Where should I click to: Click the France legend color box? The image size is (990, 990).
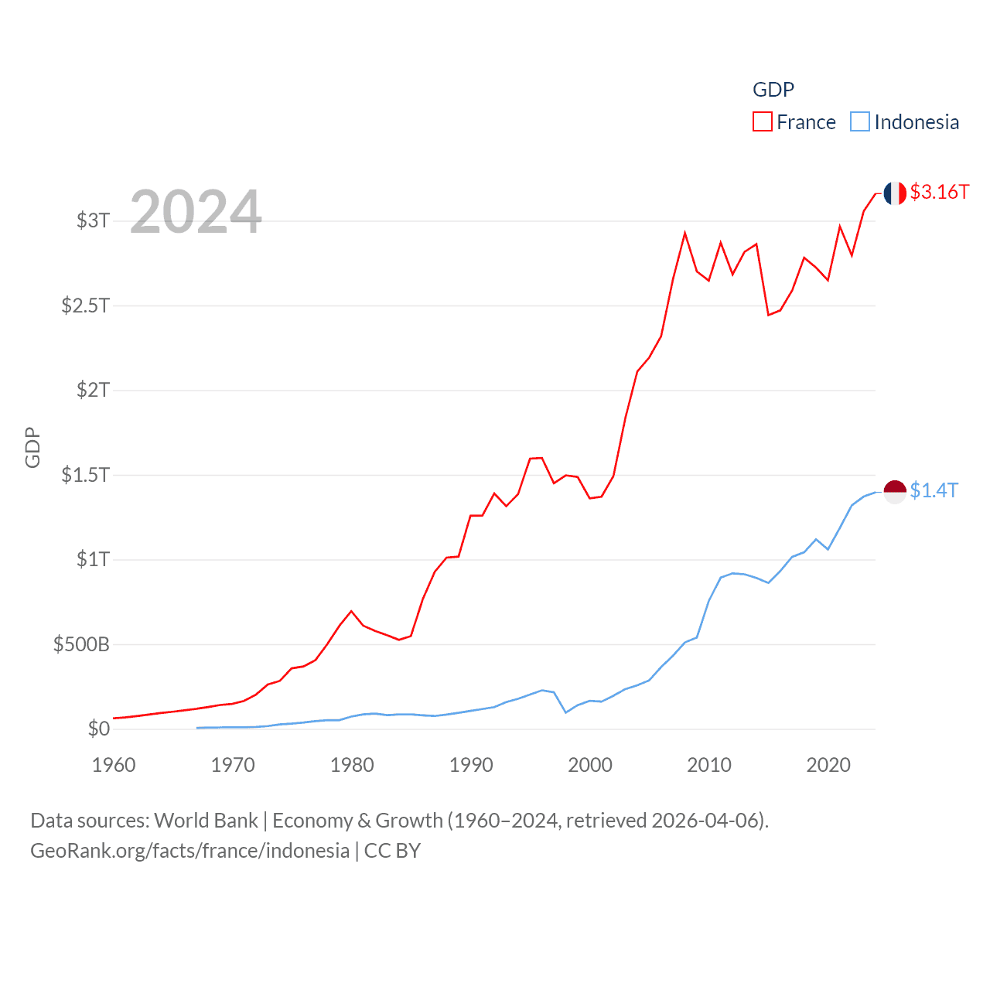[763, 122]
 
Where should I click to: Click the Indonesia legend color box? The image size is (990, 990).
[860, 122]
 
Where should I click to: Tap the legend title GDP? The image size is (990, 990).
[773, 90]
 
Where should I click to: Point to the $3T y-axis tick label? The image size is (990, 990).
[93, 220]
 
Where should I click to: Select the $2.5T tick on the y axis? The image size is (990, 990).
[85, 306]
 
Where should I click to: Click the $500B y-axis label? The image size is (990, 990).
[81, 644]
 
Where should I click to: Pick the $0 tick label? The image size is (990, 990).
[98, 729]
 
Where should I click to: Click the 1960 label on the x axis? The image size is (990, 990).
[114, 765]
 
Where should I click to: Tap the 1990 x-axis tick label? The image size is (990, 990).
[471, 765]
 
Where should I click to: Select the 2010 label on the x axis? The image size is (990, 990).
[709, 765]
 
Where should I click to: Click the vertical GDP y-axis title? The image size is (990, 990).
[32, 447]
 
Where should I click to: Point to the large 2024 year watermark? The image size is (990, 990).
[196, 212]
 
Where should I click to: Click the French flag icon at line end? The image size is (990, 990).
[895, 193]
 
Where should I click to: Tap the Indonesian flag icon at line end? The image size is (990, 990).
[895, 491]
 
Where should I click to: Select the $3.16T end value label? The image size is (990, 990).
[940, 192]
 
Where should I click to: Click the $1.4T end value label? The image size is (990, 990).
[934, 490]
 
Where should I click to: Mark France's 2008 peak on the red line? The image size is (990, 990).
[685, 233]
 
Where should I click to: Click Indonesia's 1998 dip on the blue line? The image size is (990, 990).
[566, 712]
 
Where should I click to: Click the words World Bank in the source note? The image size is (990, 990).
[206, 820]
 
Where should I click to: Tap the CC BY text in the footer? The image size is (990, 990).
[392, 851]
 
